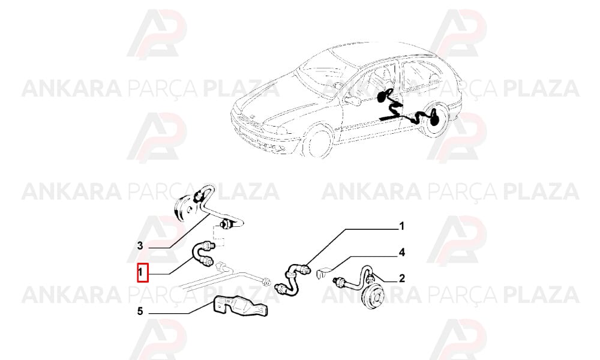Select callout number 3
tap(140, 245)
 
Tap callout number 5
tap(140, 312)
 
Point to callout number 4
tap(401, 253)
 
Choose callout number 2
tap(402, 278)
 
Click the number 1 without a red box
tap(401, 226)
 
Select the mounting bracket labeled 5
tap(241, 307)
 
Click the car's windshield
tap(323, 70)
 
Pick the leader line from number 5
tap(181, 309)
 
